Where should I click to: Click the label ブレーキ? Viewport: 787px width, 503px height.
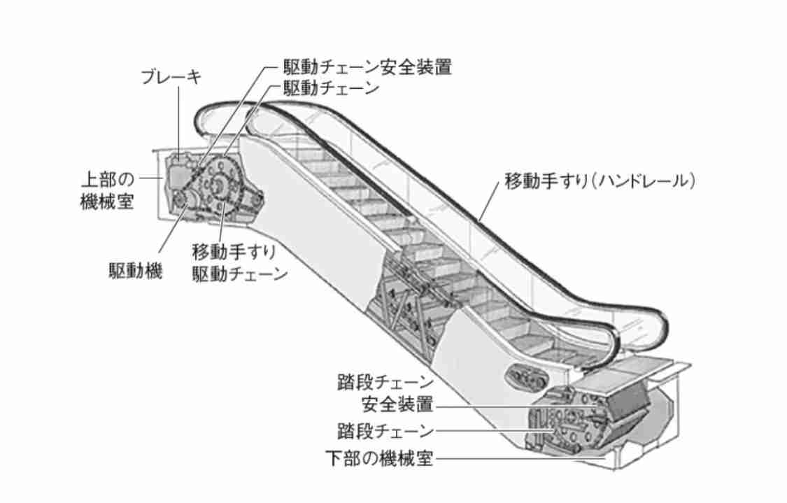pos(171,78)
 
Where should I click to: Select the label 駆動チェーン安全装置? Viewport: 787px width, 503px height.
pos(367,66)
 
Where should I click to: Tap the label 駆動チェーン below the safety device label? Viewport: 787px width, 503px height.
pos(331,88)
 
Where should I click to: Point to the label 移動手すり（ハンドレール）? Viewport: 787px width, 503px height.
pos(600,180)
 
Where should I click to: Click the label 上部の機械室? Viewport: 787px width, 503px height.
pos(108,190)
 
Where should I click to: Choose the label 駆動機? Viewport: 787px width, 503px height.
pos(136,271)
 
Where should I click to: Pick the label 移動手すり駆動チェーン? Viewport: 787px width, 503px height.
pos(240,262)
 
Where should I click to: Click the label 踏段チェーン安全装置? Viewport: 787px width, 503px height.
pos(385,393)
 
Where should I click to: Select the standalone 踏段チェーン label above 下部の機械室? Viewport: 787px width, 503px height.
pos(385,431)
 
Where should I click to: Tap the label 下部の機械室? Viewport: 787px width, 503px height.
pos(379,458)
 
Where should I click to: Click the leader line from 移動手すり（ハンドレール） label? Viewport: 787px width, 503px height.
pos(490,201)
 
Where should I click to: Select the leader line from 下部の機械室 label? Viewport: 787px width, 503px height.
pos(520,458)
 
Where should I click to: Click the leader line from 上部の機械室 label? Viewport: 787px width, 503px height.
pos(150,178)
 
